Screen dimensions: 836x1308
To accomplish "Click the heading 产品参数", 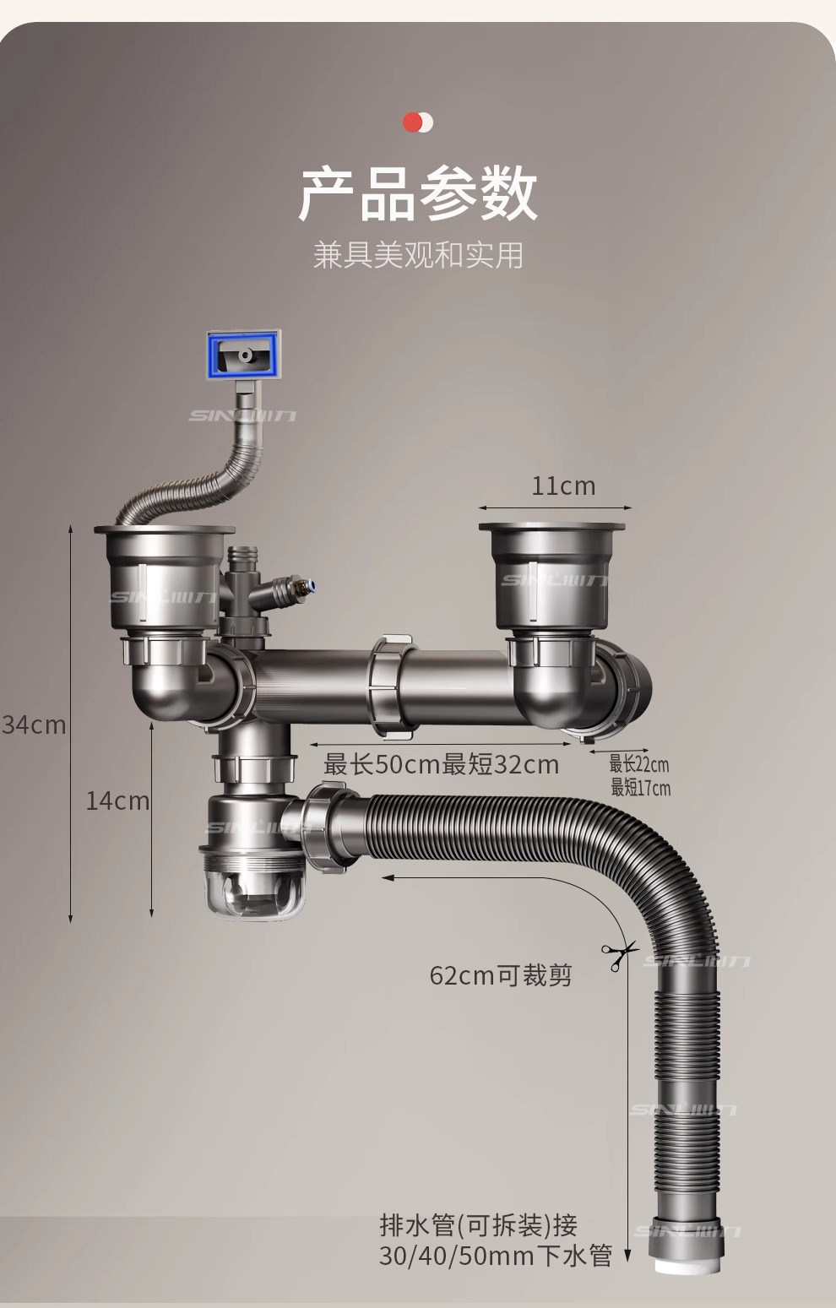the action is tap(418, 193).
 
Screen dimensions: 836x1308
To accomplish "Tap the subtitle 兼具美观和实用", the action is tap(418, 254).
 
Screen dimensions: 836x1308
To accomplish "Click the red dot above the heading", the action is tap(413, 122).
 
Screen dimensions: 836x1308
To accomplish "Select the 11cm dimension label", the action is tap(563, 486).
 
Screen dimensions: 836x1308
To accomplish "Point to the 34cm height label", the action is tap(34, 725).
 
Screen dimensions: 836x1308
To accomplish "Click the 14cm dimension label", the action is tap(117, 801).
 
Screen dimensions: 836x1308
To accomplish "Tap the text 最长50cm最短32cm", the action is tap(441, 765).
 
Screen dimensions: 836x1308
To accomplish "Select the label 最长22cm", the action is tap(639, 764).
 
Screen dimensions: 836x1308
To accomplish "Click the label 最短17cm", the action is tap(641, 788).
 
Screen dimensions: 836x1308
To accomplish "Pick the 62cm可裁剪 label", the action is tap(501, 975).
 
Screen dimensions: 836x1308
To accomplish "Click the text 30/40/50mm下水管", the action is tap(495, 1256).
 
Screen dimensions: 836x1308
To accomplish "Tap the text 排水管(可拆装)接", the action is tap(478, 1225).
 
